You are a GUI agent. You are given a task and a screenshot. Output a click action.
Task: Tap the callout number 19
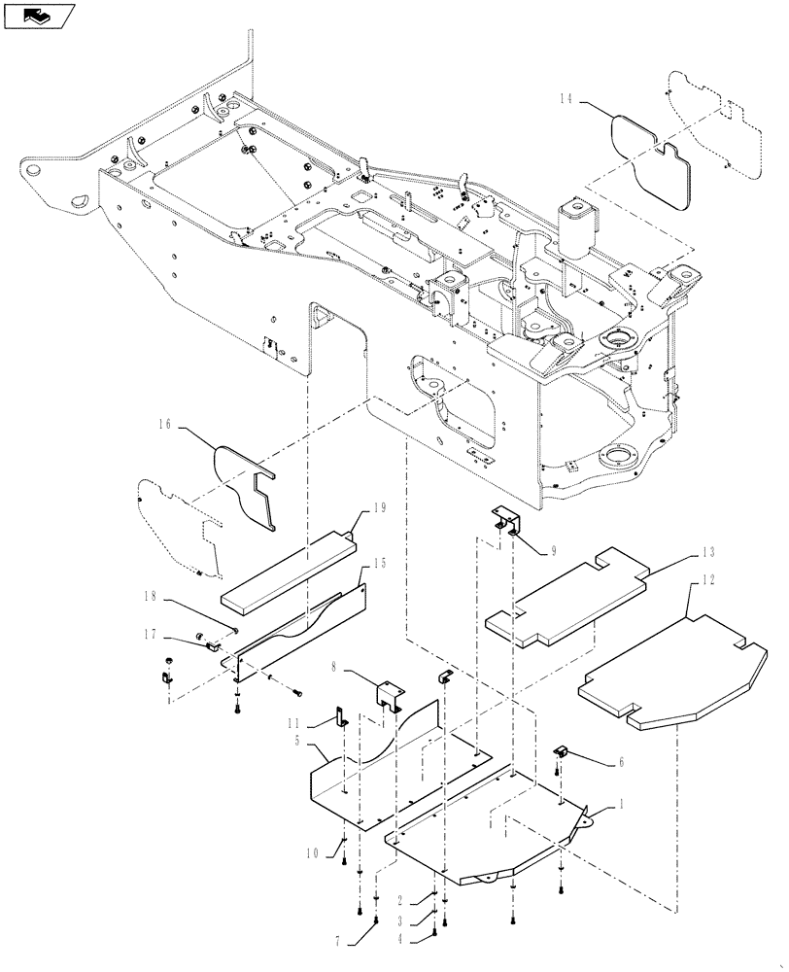380,507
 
